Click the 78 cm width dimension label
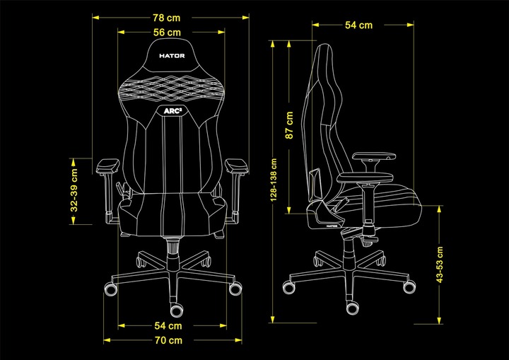167,18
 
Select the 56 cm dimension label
167,33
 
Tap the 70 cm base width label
168,340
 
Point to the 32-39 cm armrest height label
74,190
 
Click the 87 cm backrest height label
289,125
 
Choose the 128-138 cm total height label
274,180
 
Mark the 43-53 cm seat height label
440,265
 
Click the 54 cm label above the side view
358,25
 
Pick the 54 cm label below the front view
168,325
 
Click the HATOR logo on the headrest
172,56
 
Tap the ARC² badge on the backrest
172,111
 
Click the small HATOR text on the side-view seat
332,226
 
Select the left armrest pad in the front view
108,166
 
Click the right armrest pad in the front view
237,166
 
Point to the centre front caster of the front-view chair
176,310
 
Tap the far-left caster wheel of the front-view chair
111,288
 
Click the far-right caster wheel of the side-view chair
409,286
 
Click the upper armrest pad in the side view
374,156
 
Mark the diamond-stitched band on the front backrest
172,88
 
